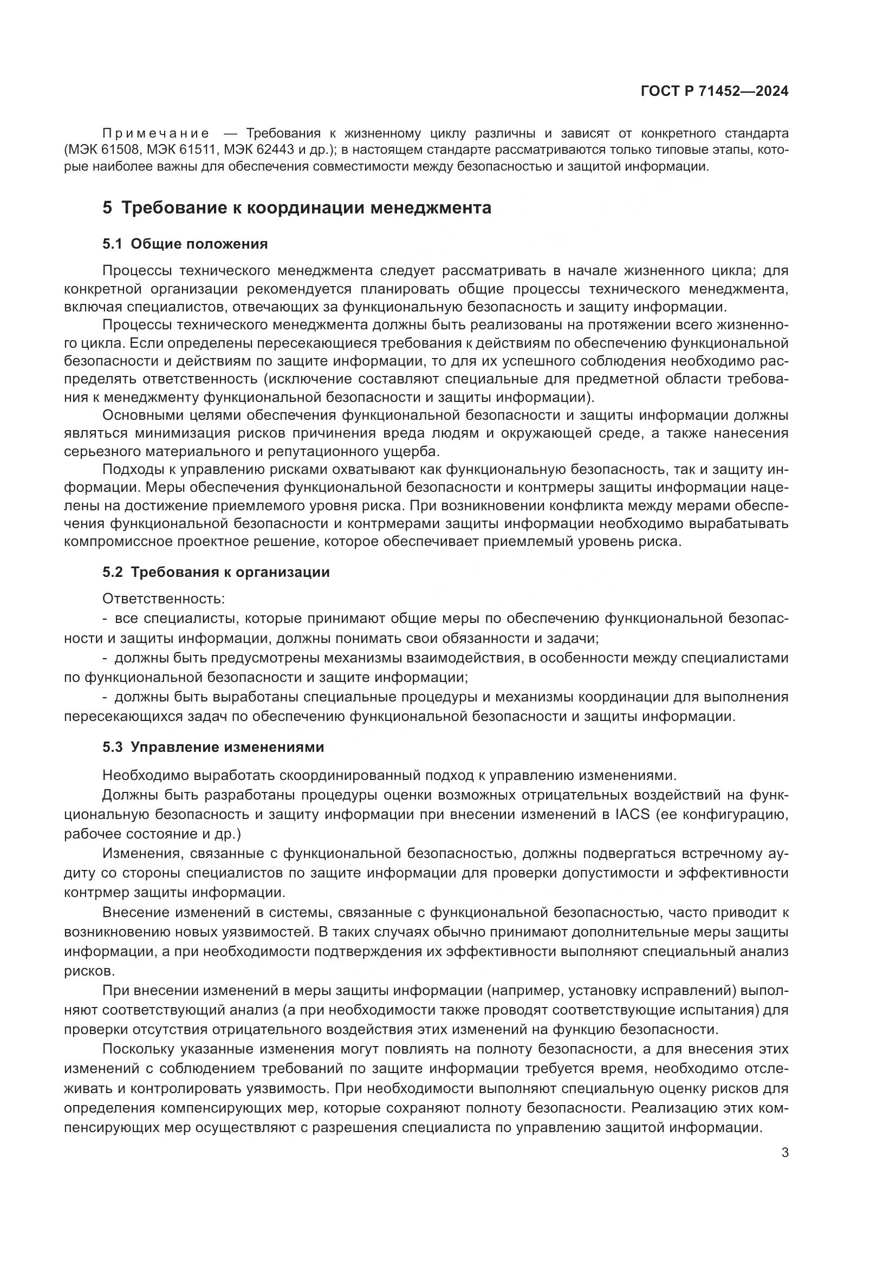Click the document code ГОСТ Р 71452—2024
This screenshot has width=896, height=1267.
pos(715,92)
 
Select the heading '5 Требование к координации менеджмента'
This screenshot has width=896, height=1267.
pos(296,208)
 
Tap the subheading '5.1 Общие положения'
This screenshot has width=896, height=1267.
pos(185,244)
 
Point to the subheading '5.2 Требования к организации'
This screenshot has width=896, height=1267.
pos(216,572)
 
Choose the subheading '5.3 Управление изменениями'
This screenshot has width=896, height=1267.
pos(213,747)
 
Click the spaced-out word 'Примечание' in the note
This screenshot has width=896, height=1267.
pos(156,134)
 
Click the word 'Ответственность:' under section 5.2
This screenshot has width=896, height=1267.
pos(164,599)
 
